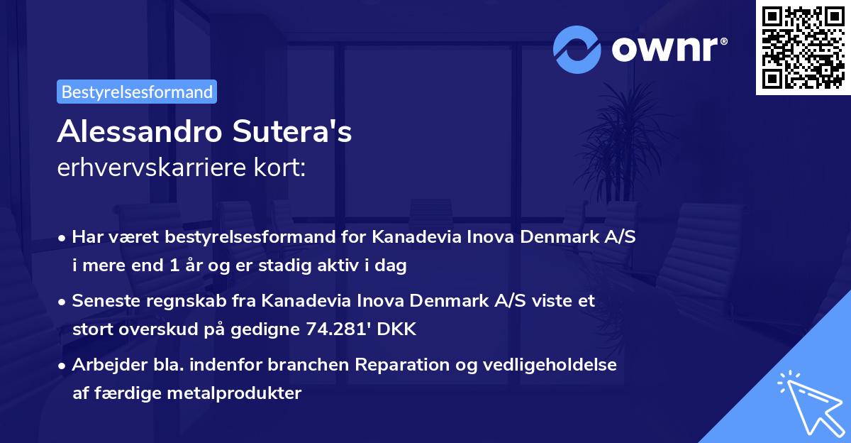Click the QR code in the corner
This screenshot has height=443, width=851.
click(x=803, y=48)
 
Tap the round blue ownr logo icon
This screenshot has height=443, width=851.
click(x=577, y=49)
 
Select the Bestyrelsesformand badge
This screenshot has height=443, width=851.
click(x=137, y=92)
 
